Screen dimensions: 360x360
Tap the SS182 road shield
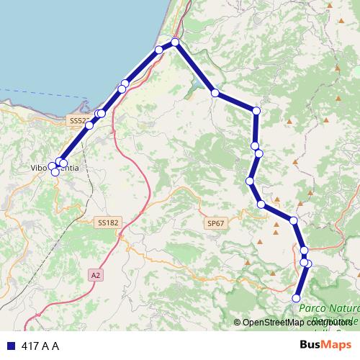107,223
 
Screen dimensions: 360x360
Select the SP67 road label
216,224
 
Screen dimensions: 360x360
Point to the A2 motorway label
96,274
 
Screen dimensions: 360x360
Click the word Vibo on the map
39,168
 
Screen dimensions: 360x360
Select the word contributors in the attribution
332,323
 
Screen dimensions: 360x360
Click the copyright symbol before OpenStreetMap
238,323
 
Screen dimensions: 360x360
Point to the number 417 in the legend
30,346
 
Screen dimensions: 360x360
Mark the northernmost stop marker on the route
175,43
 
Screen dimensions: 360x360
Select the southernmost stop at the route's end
296,298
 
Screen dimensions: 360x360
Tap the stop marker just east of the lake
215,93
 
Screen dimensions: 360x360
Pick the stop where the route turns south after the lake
256,110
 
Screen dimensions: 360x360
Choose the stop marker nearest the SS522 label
89,125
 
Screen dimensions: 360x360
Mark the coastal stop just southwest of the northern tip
159,50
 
